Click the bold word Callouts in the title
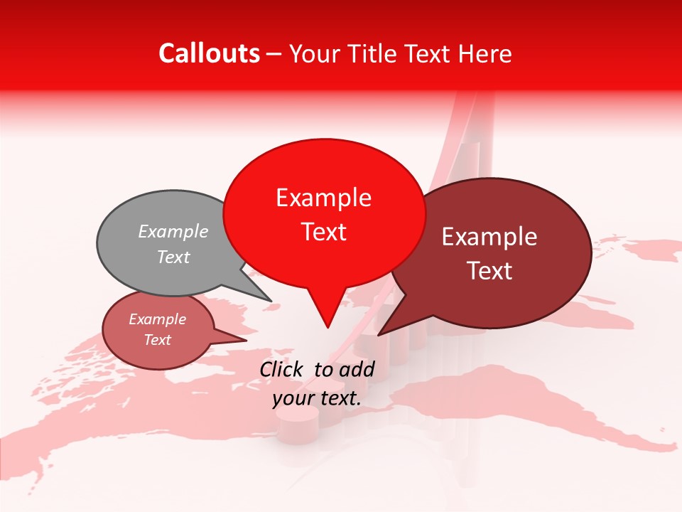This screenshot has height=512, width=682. tap(209, 53)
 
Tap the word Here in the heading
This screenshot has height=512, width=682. tap(485, 54)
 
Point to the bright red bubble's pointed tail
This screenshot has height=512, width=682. tap(326, 313)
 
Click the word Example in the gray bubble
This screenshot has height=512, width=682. tap(173, 232)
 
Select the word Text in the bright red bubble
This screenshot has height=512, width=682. tap(324, 232)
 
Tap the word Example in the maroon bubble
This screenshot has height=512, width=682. tap(489, 237)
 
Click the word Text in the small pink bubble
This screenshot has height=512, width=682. tap(158, 340)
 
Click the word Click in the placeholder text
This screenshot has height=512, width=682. tap(283, 369)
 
